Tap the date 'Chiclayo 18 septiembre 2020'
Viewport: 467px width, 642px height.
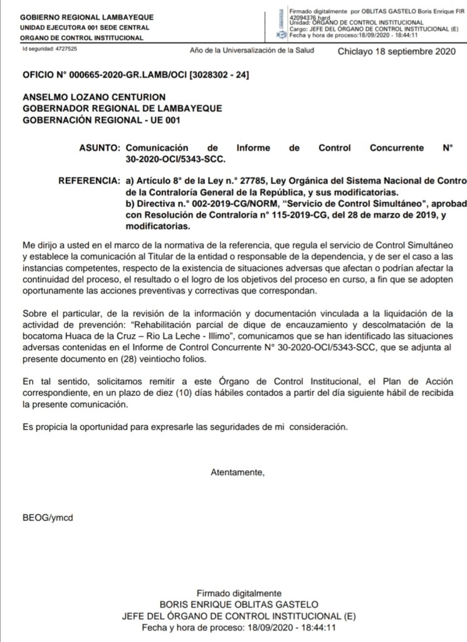pos(394,52)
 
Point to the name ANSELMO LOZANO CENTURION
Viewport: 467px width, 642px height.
pos(94,98)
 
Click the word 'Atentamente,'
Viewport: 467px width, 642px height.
pos(233,472)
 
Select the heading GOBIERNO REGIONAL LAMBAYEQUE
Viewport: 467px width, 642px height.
pos(78,18)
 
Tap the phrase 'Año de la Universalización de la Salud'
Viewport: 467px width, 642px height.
pos(251,51)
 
